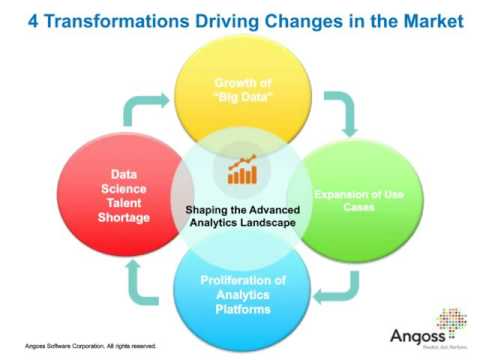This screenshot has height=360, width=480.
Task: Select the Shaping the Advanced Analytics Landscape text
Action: (x=241, y=215)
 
